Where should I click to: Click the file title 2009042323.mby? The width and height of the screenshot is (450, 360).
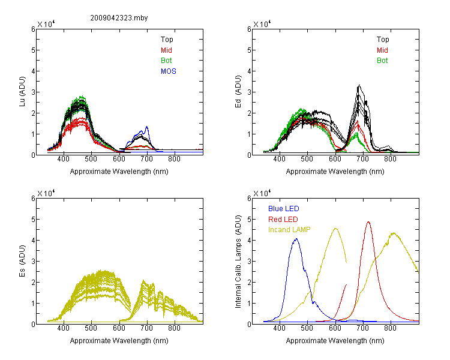click(119, 18)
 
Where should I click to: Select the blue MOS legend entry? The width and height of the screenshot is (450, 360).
click(169, 71)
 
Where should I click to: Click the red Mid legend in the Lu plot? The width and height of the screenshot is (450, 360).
click(166, 50)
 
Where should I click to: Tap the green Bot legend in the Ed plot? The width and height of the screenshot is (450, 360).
click(382, 61)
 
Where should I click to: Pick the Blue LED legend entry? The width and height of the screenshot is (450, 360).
click(284, 209)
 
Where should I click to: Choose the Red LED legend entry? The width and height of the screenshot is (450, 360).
click(283, 220)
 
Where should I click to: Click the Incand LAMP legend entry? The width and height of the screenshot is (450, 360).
click(289, 230)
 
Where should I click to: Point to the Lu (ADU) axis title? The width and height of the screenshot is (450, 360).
click(22, 92)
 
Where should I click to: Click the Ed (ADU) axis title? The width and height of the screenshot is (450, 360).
click(238, 92)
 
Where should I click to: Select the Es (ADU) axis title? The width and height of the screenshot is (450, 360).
click(22, 261)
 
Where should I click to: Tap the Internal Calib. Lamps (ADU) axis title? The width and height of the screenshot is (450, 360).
click(238, 262)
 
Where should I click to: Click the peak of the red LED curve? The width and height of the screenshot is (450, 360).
click(368, 221)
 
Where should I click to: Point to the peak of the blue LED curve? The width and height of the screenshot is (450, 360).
click(296, 239)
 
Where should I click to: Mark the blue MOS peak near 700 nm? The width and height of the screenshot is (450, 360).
click(147, 127)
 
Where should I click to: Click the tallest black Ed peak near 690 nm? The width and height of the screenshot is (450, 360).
click(359, 85)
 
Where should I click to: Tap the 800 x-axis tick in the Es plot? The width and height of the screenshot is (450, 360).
click(174, 328)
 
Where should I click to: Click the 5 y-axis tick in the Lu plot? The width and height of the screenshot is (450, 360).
click(33, 50)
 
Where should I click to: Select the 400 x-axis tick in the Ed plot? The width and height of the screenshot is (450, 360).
click(279, 159)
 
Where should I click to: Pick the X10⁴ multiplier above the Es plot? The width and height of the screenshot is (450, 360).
click(46, 193)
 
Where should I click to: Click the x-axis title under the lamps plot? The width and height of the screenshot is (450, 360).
click(335, 341)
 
